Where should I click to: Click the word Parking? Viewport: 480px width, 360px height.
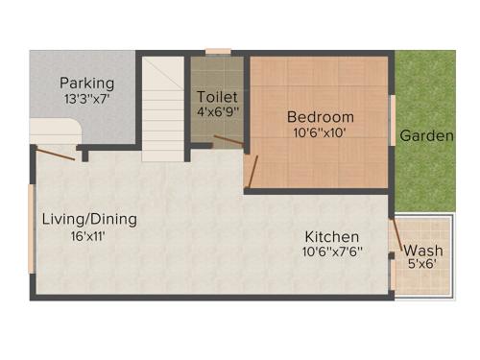[86, 83]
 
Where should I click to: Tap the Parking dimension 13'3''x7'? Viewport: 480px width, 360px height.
[86, 99]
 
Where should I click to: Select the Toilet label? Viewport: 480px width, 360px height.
[217, 97]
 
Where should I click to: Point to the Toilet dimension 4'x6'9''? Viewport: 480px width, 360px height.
[217, 113]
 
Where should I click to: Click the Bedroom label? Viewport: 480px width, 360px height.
[319, 117]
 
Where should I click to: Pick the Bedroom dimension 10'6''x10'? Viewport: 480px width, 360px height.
[319, 133]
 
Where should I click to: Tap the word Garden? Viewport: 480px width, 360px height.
[426, 135]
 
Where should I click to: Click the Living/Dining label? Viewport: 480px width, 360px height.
[89, 219]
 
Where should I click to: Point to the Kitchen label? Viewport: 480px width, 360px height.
[332, 237]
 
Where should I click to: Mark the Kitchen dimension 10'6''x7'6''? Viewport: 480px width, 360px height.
[332, 253]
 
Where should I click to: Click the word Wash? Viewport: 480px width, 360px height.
[422, 252]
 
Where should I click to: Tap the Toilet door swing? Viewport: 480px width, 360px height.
[228, 141]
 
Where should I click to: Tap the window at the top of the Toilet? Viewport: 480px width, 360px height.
[218, 51]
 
